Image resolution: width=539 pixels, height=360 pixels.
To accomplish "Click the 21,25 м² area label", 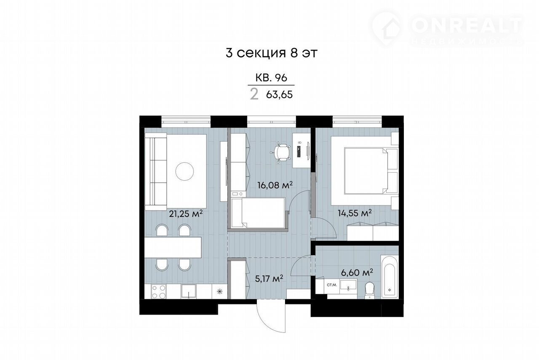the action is click(186, 213).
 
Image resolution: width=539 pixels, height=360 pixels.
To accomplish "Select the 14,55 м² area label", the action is click(355, 213).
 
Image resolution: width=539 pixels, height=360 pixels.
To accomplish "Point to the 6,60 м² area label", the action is click(357, 273).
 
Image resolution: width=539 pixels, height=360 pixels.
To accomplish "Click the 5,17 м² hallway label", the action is click(269, 279).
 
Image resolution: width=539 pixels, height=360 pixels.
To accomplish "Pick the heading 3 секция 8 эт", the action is click(272, 53).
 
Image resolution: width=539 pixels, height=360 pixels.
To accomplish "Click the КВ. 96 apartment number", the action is click(271, 78).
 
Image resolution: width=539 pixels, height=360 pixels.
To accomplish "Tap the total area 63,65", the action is click(279, 95).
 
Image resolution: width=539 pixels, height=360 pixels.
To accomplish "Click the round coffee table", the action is click(184, 171).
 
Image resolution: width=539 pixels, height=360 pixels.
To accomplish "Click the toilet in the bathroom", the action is click(369, 290).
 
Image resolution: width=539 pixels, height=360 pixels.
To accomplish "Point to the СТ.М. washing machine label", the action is click(332, 285).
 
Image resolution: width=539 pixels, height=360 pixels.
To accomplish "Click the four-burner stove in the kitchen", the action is click(158, 291).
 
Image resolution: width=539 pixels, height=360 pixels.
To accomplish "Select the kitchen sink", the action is click(189, 291).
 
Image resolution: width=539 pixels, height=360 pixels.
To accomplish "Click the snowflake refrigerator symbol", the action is click(219, 292).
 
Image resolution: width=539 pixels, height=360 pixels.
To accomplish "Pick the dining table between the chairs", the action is click(173, 248).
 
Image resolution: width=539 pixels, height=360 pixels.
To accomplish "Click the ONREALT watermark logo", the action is click(448, 29).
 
